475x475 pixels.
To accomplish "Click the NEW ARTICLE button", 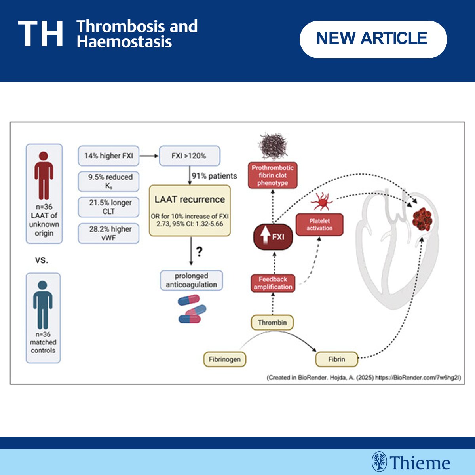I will (373, 39).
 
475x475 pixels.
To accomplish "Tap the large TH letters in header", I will (41, 34).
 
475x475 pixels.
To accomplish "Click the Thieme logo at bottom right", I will (411, 462).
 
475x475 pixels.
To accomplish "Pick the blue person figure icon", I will (43, 305).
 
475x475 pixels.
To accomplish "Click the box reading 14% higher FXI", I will (108, 156).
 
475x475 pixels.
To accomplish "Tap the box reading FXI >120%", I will (189, 156).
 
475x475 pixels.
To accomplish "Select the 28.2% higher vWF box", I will (108, 233).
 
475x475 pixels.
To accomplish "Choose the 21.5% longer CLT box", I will (108, 207).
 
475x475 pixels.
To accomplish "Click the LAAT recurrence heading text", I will (190, 199).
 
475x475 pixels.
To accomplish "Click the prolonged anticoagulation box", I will (191, 280).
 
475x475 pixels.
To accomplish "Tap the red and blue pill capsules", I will (192, 309).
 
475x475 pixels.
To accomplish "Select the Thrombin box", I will (272, 323).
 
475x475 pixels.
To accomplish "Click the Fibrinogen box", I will (224, 359).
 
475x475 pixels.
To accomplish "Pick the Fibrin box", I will (336, 359).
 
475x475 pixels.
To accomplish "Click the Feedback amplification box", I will (273, 283).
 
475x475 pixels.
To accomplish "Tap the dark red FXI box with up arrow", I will (273, 237).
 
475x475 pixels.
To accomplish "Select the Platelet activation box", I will (319, 224).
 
